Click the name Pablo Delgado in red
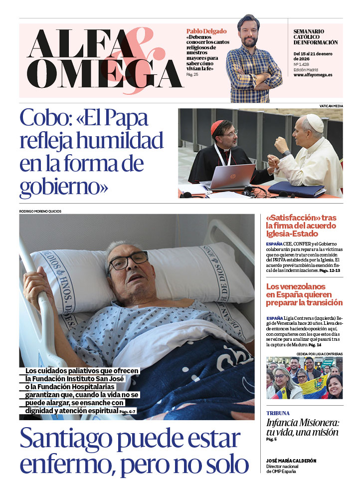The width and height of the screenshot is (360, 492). coord(206,31)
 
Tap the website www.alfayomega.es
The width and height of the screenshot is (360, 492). coord(313,75)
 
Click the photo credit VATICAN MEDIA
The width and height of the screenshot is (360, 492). coord(331,106)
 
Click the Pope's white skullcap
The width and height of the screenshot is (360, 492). coord(314,123)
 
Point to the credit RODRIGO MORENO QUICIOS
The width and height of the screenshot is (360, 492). coord(40,211)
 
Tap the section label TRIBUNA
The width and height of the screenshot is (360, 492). coord(278,413)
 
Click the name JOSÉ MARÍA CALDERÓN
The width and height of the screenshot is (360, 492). coord(291,461)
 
